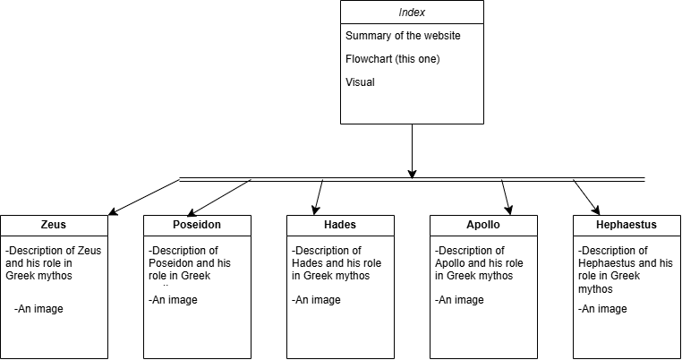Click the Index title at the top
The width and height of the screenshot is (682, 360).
pos(412,13)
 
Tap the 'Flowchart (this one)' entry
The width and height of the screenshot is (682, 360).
pos(392,59)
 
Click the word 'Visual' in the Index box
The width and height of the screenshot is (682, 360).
pos(360,82)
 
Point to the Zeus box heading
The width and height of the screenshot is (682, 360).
pos(54,225)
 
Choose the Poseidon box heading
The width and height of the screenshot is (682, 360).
pos(197,225)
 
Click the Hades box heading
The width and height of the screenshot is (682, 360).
pos(340,225)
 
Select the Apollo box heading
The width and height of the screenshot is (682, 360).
pos(483,225)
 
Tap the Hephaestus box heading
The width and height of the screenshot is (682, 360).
pos(627,225)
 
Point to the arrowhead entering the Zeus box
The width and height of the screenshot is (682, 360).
pos(111,213)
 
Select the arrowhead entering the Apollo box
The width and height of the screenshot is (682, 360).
pos(508,210)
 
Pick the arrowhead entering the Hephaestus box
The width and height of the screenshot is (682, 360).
pos(597,210)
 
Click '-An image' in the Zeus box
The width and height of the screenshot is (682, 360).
pos(39,309)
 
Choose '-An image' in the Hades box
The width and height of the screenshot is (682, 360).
pos(316,300)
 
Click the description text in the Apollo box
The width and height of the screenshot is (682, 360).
pos(473,263)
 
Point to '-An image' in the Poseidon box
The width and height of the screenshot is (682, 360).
pos(173,300)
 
